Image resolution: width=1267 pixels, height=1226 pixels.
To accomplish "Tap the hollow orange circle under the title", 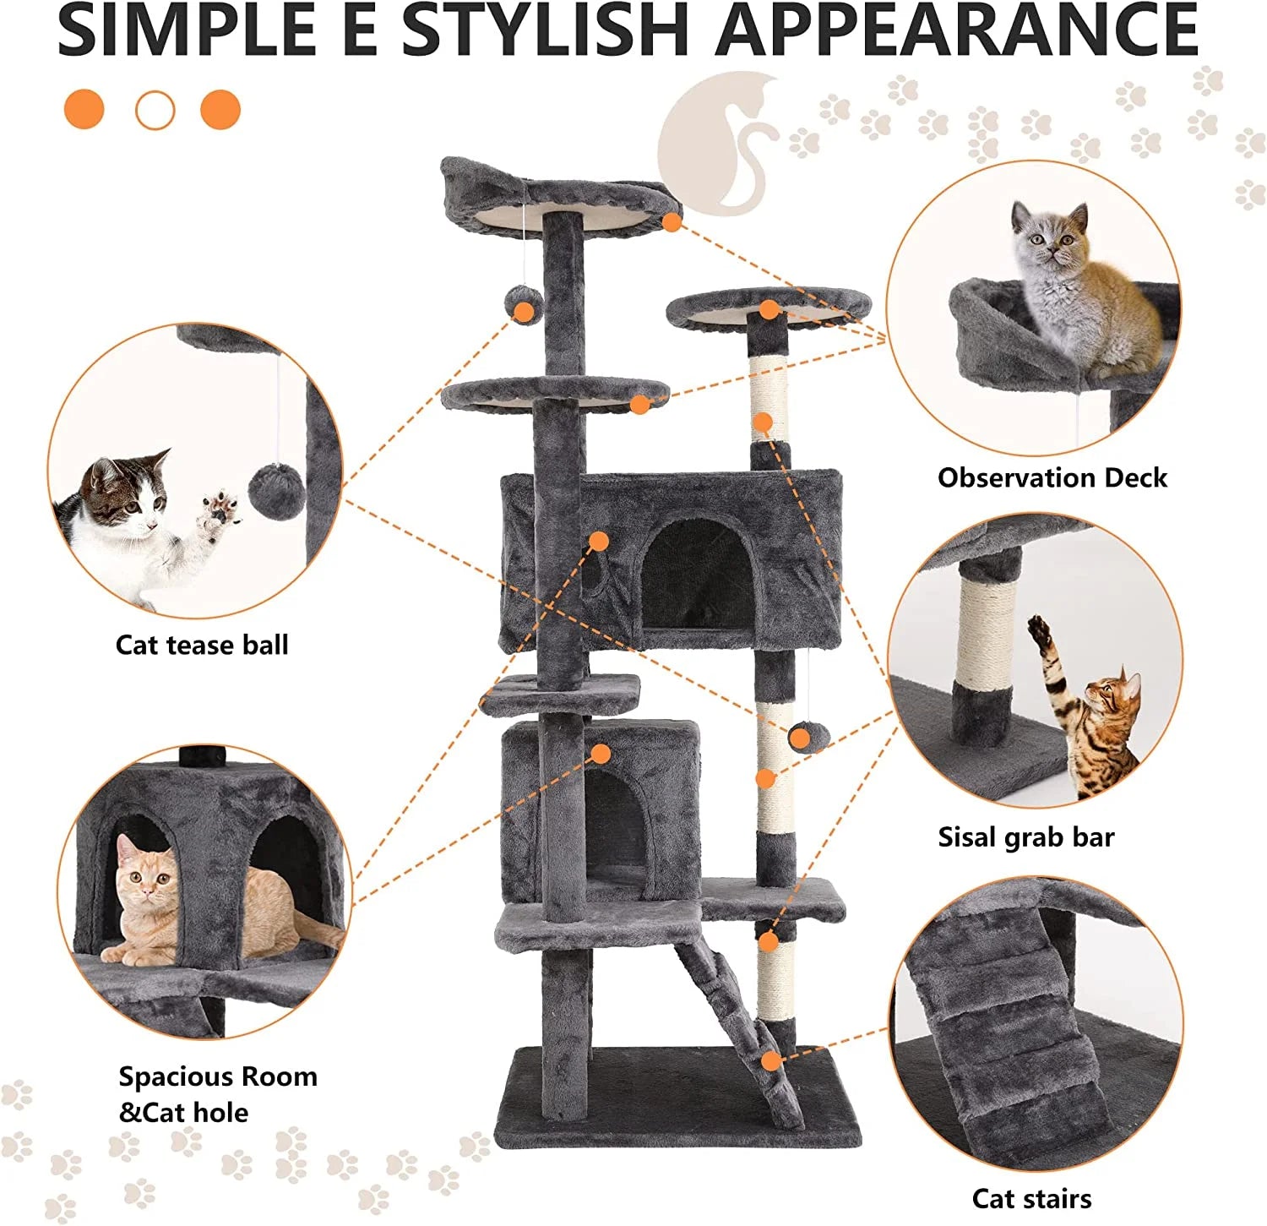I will click(155, 110).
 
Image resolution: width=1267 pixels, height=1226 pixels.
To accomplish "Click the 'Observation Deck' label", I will click(1052, 477).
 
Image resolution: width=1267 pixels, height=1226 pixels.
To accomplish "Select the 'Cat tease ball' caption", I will click(202, 645).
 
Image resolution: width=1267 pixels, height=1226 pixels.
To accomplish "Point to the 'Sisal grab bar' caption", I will click(1025, 836).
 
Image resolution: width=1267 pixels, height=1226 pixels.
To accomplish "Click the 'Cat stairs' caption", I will click(1030, 1198).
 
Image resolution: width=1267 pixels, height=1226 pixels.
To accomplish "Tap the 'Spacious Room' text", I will click(218, 1076).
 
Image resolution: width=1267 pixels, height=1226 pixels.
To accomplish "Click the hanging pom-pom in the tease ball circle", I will click(276, 492).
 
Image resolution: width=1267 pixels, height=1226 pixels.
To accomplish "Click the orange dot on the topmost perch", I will click(672, 222).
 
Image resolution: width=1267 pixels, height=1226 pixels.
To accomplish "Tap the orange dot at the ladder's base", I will click(770, 1060).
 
